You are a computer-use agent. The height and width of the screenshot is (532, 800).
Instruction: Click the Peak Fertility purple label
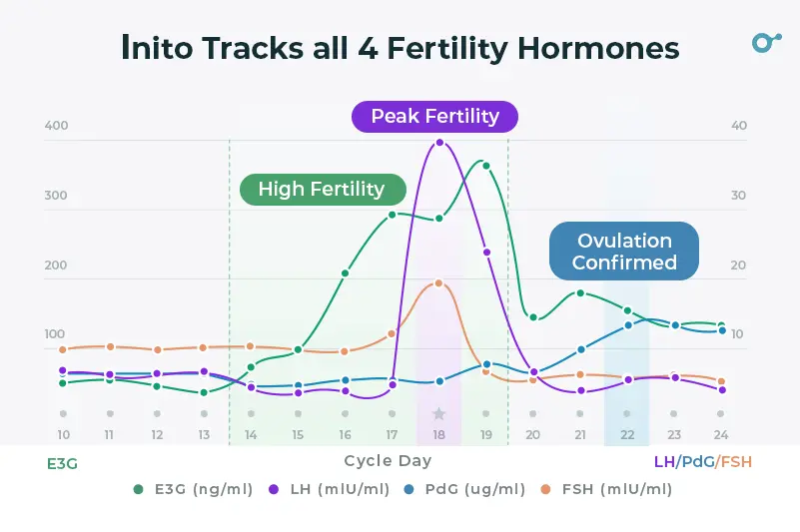coord(434,117)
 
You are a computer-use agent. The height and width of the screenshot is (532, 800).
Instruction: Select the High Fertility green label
coord(321,190)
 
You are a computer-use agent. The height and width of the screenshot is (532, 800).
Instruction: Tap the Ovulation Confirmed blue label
coord(624,252)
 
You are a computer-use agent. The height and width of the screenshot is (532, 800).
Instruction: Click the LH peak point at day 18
coord(439,143)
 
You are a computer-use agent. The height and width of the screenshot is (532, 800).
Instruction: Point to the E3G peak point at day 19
coord(486,165)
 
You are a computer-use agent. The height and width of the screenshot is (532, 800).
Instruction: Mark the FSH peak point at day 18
coord(438,283)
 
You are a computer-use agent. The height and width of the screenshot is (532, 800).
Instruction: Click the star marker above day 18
coord(438,413)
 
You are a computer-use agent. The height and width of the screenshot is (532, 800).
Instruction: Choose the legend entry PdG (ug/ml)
coord(467,489)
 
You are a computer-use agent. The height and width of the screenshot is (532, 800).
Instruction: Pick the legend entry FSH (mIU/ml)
coord(609,489)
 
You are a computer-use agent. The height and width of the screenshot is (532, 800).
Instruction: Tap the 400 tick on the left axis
coord(56,126)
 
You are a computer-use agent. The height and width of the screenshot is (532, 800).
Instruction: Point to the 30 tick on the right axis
coord(738,196)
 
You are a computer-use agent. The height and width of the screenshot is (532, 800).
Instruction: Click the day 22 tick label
coord(627,435)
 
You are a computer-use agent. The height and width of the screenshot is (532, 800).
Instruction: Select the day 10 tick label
coord(63,435)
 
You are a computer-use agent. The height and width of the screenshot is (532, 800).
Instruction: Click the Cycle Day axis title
coord(389,461)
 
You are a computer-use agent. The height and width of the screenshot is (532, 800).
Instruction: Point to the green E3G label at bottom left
coord(62,463)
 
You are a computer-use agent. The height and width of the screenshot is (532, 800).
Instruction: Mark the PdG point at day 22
coord(628,324)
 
